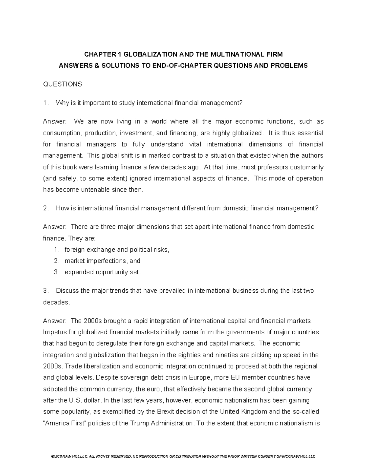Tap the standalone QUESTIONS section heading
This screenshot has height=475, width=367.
pos(62,84)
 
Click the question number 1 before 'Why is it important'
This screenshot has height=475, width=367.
pos(45,103)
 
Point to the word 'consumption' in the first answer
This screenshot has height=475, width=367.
pos(62,133)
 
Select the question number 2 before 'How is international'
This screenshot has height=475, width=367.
pos(46,208)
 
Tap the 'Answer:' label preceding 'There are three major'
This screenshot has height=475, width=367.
pos(54,227)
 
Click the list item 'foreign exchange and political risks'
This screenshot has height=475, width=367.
pos(117,250)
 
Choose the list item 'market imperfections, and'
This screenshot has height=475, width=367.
pos(102,261)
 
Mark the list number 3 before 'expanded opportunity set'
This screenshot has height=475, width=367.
pos(56,272)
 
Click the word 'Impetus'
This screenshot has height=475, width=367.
pos(54,332)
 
